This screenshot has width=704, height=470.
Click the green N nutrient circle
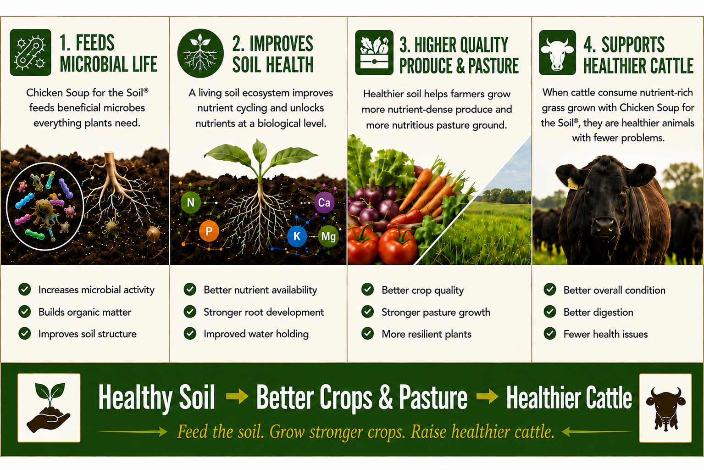pyautogui.click(x=190, y=202)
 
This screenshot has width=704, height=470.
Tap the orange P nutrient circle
pyautogui.click(x=209, y=231)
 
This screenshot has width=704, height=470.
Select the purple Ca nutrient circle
pyautogui.click(x=324, y=202)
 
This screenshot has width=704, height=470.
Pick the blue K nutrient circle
pyautogui.click(x=297, y=236)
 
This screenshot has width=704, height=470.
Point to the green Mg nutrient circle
pyautogui.click(x=328, y=236)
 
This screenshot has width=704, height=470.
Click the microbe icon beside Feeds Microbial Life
pyautogui.click(x=30, y=52)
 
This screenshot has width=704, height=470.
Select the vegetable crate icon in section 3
pyautogui.click(x=374, y=52)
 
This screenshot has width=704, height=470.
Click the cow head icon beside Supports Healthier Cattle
pyautogui.click(x=557, y=52)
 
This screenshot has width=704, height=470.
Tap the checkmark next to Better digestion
pyautogui.click(x=550, y=312)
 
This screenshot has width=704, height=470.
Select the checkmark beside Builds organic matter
pyautogui.click(x=24, y=312)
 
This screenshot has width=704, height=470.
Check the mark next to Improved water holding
pyautogui.click(x=190, y=334)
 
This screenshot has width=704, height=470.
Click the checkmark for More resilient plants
pyautogui.click(x=367, y=334)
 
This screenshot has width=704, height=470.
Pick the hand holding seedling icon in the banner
pyautogui.click(x=49, y=408)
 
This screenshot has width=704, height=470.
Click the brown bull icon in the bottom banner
pyautogui.click(x=665, y=408)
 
